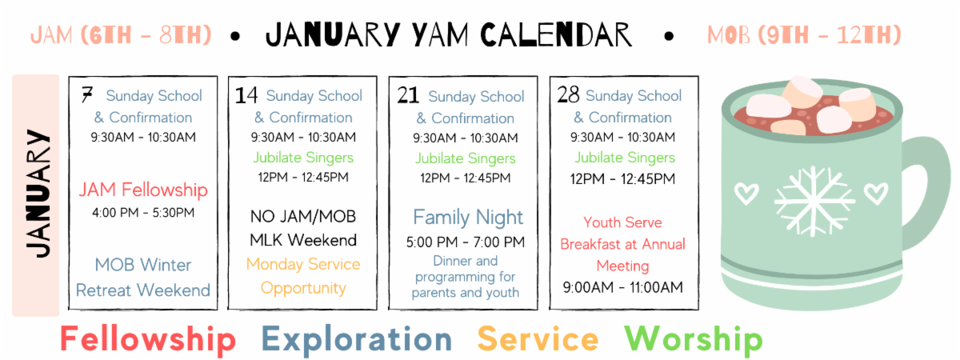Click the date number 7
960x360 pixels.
(87, 94)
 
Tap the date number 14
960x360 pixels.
(246, 95)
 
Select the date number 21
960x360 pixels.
(407, 95)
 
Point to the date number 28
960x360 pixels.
(568, 94)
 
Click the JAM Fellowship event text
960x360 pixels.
(143, 190)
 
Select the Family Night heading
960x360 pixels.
(468, 218)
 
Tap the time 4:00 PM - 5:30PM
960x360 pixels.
(143, 213)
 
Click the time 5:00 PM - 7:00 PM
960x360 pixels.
(466, 242)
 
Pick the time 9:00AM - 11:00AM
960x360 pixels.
(622, 287)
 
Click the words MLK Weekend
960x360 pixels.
(303, 241)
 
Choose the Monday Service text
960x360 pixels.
(303, 265)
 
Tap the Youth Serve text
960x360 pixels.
(622, 222)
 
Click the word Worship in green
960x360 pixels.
(694, 339)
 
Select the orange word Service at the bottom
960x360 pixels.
(538, 339)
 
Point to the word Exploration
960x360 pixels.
(357, 339)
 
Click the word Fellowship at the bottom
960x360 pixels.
(148, 339)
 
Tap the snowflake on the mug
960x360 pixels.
(813, 202)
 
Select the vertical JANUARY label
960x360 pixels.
(38, 194)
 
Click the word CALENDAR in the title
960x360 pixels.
(556, 34)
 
